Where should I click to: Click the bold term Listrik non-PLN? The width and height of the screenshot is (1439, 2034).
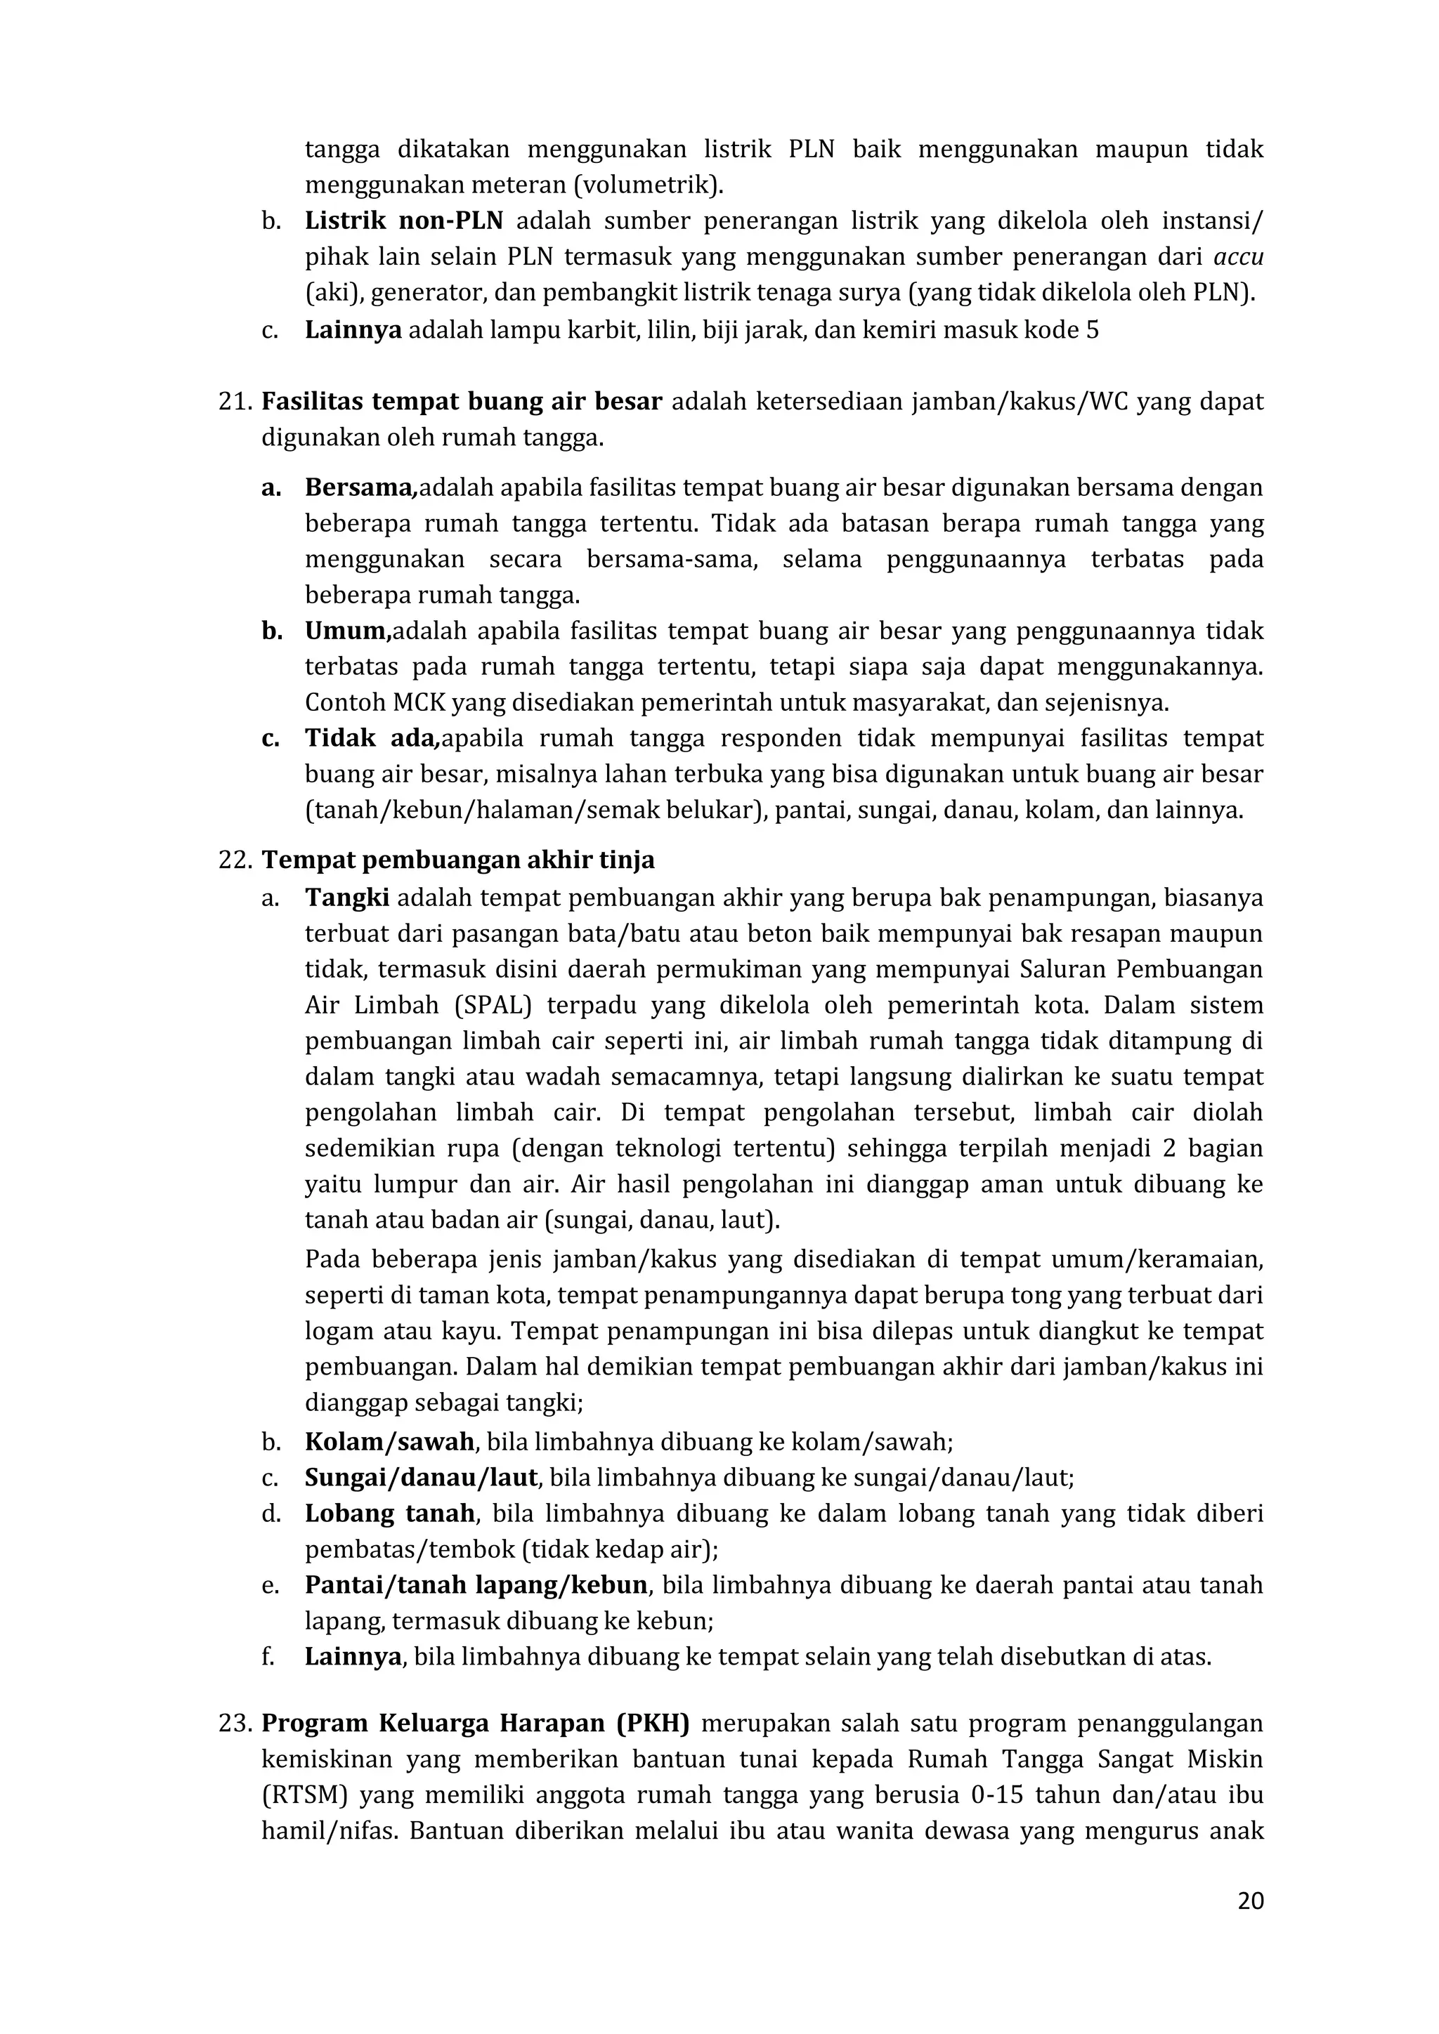tap(404, 221)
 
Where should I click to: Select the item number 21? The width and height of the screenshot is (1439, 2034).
tap(235, 402)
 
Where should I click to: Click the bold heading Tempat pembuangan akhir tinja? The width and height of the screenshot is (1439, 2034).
tap(458, 860)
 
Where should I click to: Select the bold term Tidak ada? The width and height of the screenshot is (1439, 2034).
tap(372, 739)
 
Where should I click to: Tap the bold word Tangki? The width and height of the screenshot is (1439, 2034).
tap(347, 898)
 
